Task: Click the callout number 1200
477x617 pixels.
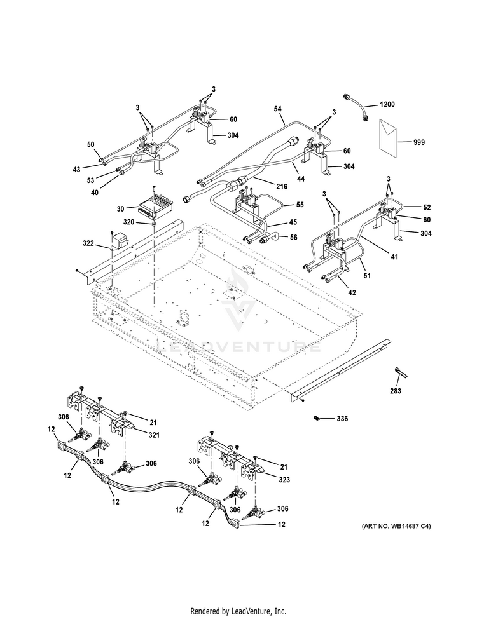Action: point(387,104)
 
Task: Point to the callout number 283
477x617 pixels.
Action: point(396,391)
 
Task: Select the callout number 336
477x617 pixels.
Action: point(342,419)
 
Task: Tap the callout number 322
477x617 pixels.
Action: point(88,243)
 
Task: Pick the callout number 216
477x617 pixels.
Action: point(282,186)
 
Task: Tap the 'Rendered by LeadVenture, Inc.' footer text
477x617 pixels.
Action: point(238,611)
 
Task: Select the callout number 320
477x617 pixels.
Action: point(128,222)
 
